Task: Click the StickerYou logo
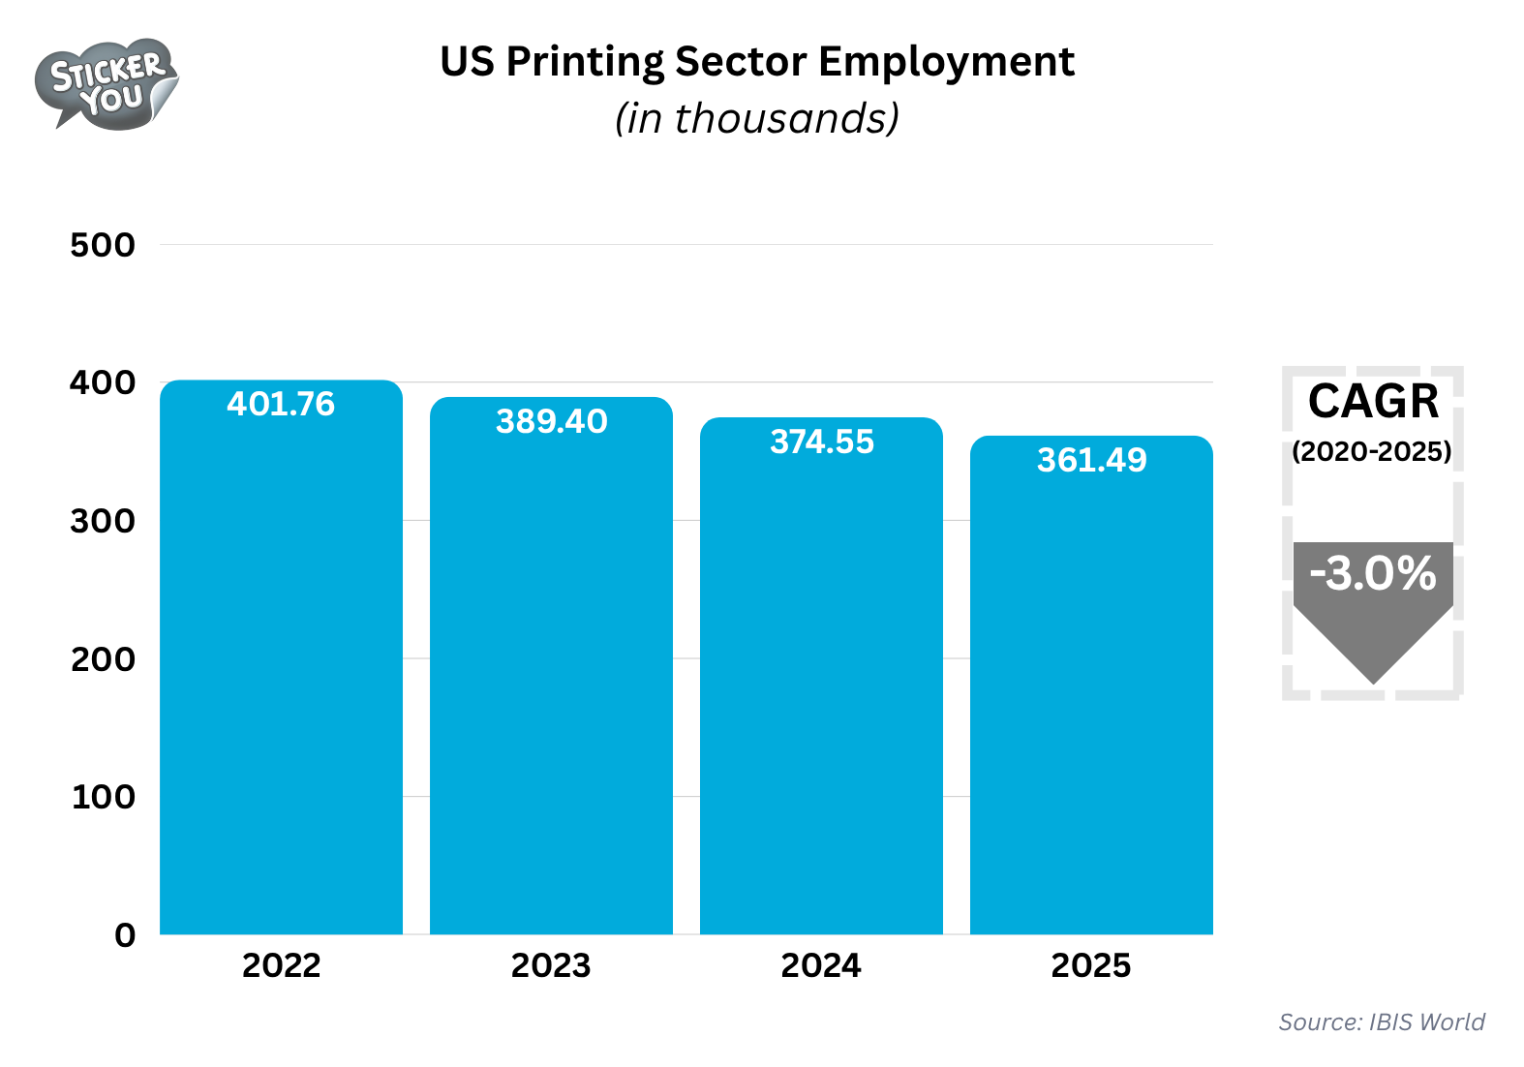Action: [107, 84]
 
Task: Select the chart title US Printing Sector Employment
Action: [757, 62]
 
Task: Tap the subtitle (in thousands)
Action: [757, 119]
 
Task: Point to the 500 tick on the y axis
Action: [103, 245]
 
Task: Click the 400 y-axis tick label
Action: [103, 382]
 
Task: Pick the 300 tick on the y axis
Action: [103, 521]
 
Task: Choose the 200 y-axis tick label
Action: [103, 659]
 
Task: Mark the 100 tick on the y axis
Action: [103, 797]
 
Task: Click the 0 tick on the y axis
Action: [125, 935]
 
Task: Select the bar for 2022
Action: [281, 678]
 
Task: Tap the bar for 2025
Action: [1091, 697]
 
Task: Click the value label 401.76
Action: [281, 404]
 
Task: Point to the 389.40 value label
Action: [551, 421]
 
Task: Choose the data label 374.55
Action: [821, 442]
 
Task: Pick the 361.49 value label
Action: [1091, 460]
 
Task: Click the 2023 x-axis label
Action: [551, 965]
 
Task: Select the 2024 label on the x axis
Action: [821, 965]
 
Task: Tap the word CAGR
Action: [1373, 402]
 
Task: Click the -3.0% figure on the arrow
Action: [1373, 573]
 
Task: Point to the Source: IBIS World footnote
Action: [1382, 1022]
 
